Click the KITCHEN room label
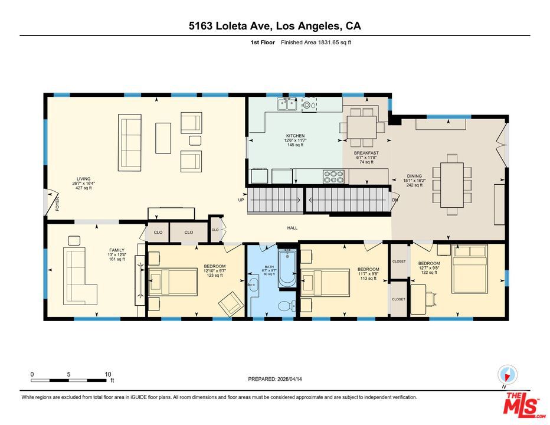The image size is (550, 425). click(x=295, y=136)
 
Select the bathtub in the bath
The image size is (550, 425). click(x=287, y=268)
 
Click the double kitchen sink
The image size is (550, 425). click(x=287, y=104)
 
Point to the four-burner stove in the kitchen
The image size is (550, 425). click(x=333, y=176)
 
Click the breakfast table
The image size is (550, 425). click(x=362, y=127)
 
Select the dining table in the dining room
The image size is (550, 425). click(x=452, y=185)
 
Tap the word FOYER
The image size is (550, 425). click(x=57, y=204)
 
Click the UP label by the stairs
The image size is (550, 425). click(x=241, y=200)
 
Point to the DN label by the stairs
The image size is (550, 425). click(x=395, y=200)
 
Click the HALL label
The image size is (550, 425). click(x=292, y=228)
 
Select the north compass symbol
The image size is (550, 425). click(x=507, y=375)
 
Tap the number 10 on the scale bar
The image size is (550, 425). click(x=107, y=374)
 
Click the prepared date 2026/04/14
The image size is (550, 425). click(x=289, y=379)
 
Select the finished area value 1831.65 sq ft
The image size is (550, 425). click(x=334, y=42)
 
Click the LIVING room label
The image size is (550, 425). click(x=83, y=179)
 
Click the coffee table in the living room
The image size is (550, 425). click(x=163, y=138)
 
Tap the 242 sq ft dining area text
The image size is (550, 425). click(x=414, y=185)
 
